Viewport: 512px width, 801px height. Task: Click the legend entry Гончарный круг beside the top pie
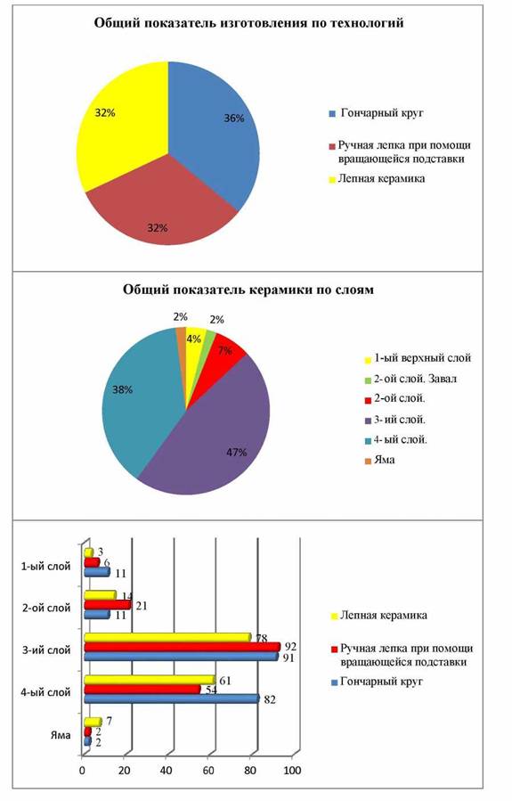click(382, 113)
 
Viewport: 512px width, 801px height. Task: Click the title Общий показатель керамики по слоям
click(248, 290)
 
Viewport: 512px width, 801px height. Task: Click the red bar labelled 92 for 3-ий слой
click(183, 647)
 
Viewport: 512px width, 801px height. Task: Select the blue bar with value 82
click(172, 699)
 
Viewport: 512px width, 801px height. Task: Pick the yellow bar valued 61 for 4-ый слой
click(150, 680)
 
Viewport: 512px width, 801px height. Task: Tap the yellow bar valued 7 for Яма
click(93, 722)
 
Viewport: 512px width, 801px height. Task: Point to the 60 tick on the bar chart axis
click(207, 771)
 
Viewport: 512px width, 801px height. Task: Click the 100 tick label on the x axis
click(292, 771)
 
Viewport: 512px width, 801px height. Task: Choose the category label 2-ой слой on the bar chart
click(46, 609)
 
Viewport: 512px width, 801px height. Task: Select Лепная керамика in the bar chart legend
click(384, 616)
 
